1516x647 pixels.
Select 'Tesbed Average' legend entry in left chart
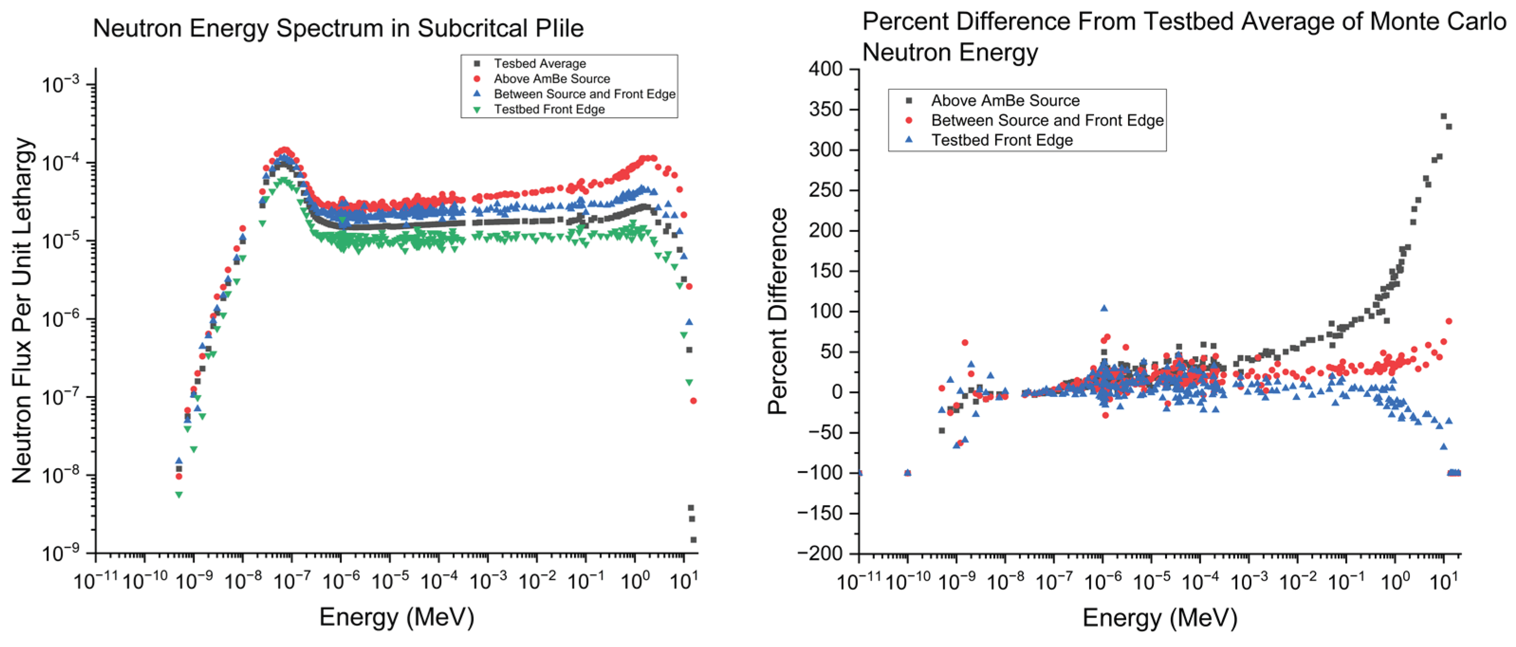(539, 64)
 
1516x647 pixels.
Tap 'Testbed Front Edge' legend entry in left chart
(549, 110)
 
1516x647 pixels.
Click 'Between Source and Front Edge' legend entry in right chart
(1047, 120)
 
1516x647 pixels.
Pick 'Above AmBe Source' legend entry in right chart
(1005, 101)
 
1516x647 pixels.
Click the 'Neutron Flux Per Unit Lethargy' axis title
(22, 310)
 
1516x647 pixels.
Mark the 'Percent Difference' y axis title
(777, 311)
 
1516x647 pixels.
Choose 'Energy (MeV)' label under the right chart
(1159, 618)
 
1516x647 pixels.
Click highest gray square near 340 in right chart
(1443, 116)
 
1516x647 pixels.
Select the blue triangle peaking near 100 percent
(1104, 308)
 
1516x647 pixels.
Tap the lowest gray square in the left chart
(693, 540)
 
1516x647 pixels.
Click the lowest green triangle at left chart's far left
(178, 495)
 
